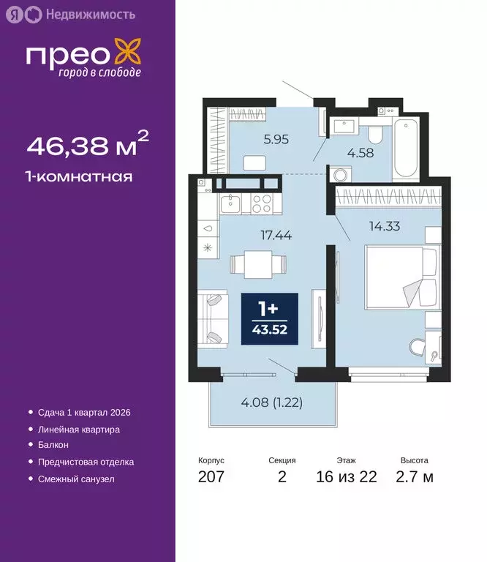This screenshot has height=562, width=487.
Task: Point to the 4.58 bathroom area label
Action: (360, 154)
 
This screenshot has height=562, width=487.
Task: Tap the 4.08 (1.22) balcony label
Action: (272, 402)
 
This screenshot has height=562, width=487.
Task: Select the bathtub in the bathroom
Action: (404, 149)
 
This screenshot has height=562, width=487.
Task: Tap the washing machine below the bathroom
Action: (341, 175)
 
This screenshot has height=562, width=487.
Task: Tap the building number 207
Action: (211, 477)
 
